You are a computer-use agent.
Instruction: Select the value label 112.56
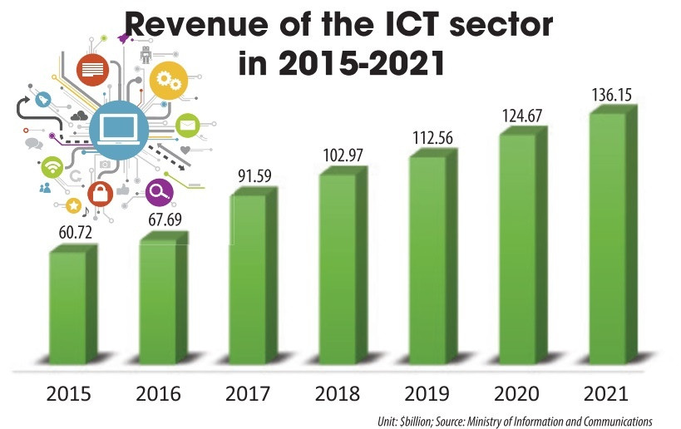431,137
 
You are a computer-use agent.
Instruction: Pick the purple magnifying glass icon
158,192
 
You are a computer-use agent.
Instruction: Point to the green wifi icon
53,166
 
